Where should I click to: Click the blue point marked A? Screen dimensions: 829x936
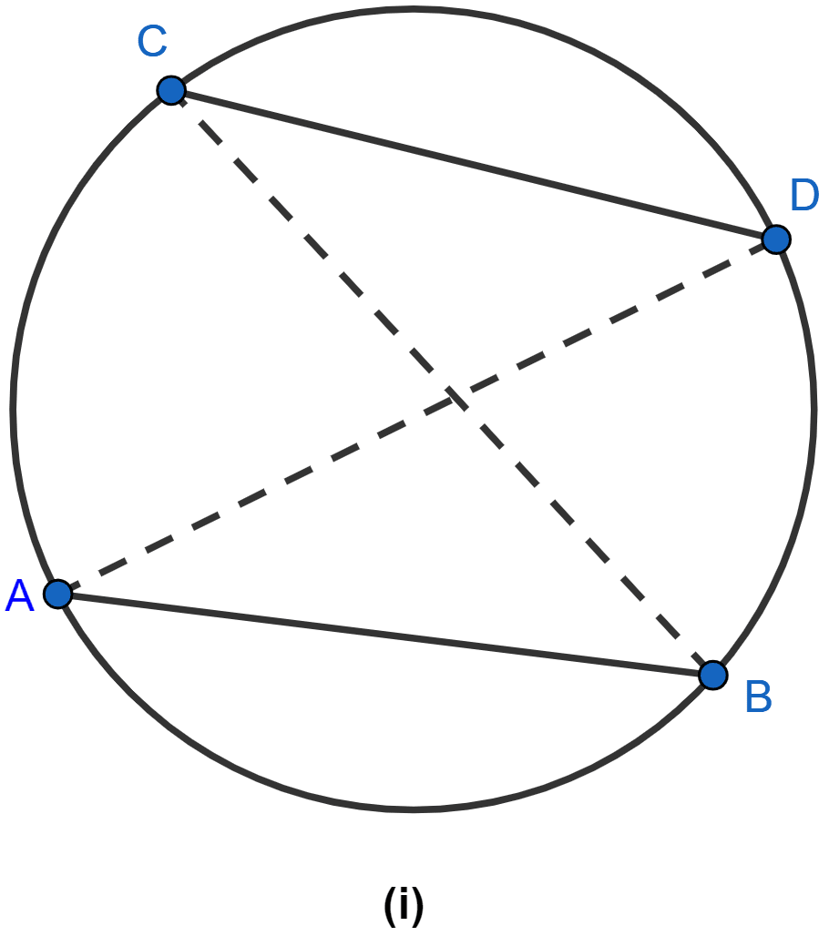[x=58, y=594]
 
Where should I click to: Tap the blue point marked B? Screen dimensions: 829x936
[x=712, y=675]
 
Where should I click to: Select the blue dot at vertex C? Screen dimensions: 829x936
[x=171, y=91]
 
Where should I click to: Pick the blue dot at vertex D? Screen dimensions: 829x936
[x=776, y=239]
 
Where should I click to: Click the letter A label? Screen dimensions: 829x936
[x=20, y=595]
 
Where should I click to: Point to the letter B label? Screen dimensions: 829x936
[x=759, y=697]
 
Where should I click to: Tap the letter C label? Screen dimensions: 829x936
[x=152, y=41]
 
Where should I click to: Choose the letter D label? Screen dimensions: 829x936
[x=803, y=195]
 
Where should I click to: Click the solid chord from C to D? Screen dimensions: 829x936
[x=474, y=165]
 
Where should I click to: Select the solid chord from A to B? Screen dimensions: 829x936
[x=385, y=635]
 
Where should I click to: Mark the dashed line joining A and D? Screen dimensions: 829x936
[x=417, y=417]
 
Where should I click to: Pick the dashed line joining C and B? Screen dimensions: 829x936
[x=442, y=382]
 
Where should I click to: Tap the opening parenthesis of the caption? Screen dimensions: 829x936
[x=389, y=906]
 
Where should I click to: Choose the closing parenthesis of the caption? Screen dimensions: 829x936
[x=418, y=906]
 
